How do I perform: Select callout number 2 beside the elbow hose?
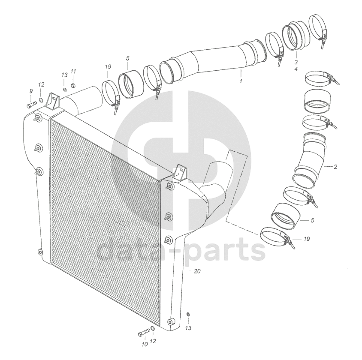click(335, 167)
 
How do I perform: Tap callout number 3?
click(296, 62)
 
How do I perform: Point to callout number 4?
click(296, 69)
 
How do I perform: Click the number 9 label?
click(31, 91)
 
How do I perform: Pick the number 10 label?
click(144, 343)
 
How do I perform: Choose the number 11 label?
click(73, 71)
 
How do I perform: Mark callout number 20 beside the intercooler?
click(197, 271)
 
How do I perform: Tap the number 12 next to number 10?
click(154, 342)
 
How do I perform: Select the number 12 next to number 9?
click(41, 84)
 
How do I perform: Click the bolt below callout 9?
click(31, 104)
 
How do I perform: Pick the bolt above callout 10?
click(143, 333)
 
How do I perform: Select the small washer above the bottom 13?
click(188, 315)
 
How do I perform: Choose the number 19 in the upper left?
click(108, 66)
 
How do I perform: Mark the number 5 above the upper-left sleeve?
click(127, 58)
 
